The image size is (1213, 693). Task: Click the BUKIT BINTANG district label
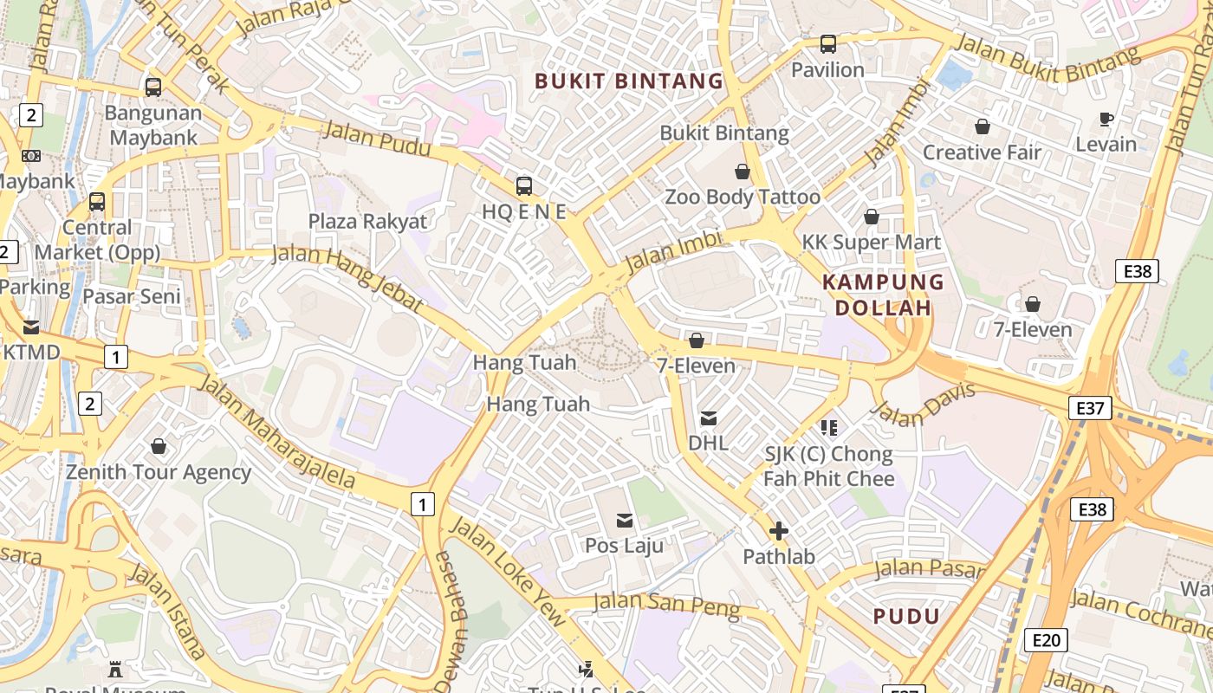tap(628, 81)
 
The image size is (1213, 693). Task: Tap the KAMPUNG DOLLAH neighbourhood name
tap(882, 295)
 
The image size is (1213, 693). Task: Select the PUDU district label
tap(906, 617)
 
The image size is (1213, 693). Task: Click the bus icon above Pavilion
tap(828, 43)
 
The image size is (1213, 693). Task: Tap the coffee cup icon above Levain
tap(1106, 119)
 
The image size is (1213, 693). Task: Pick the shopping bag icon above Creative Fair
tap(982, 127)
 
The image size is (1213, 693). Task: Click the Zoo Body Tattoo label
tap(742, 197)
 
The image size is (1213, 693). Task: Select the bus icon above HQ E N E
tap(523, 185)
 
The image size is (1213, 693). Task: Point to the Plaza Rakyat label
tap(367, 221)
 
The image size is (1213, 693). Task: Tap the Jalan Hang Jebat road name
tap(348, 277)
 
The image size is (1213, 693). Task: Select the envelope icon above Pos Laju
tap(624, 521)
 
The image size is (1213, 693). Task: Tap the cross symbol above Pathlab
tap(778, 531)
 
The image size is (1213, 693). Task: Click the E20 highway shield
tap(1046, 640)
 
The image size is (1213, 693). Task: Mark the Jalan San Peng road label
tap(666, 606)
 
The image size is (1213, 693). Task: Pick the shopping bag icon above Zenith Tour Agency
tap(159, 447)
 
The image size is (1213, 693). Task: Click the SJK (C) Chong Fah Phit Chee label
tap(827, 466)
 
